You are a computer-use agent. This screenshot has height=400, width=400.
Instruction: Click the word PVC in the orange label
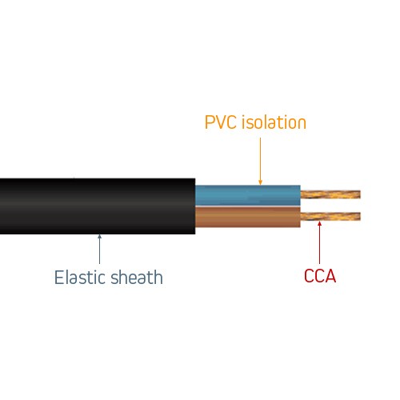[221, 122]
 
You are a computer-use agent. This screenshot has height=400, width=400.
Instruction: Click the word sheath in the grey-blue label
[137, 278]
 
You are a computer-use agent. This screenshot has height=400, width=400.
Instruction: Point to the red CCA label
[320, 276]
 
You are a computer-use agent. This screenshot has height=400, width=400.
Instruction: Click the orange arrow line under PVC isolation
[261, 161]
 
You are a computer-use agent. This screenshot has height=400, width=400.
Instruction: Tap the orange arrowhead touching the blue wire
[261, 182]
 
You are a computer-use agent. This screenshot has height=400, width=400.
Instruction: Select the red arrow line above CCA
[319, 242]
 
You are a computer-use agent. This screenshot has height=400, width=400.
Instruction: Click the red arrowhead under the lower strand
[319, 223]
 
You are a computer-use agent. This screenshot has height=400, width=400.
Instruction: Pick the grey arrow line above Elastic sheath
[100, 249]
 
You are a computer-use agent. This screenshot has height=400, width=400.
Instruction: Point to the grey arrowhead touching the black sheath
[100, 237]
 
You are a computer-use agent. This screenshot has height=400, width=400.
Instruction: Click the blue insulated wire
[248, 195]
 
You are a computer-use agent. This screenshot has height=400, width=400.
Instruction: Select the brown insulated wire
[248, 217]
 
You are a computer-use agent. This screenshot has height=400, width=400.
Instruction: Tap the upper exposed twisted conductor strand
[330, 194]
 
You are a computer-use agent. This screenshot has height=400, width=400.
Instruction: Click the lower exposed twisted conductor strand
[330, 216]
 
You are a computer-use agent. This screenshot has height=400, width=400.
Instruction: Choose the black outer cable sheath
[98, 206]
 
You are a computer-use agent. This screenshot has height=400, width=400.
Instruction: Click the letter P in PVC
[210, 122]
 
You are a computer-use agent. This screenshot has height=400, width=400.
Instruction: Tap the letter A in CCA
[330, 276]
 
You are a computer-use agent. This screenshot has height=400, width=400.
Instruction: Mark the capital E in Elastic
[59, 278]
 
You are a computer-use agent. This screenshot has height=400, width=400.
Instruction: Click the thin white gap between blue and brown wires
[248, 206]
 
